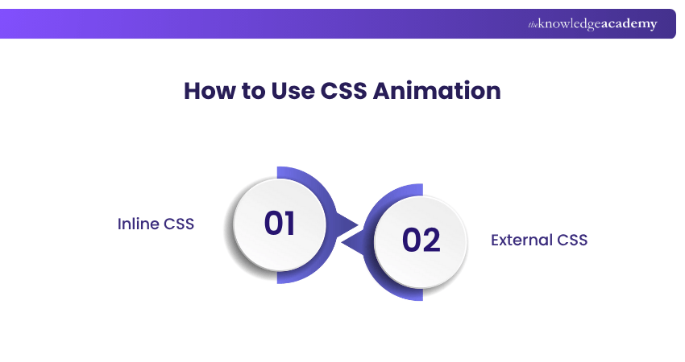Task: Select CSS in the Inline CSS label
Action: point(180,224)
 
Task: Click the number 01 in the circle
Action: point(280,224)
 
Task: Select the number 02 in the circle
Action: point(421,241)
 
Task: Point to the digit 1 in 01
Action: point(289,224)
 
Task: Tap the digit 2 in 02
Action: point(432,241)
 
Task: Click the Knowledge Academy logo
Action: point(592,24)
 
